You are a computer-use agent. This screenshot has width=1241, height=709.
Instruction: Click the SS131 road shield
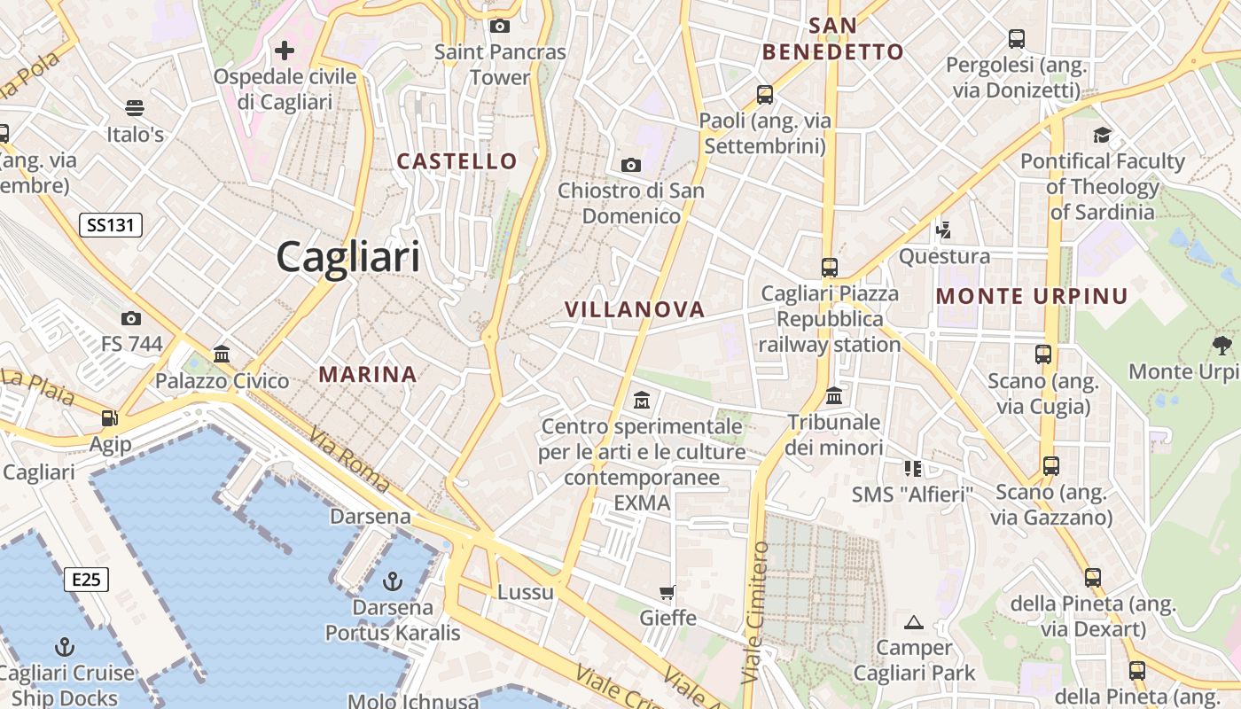coord(111,225)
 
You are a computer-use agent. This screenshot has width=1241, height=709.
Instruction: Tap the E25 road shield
coord(86,580)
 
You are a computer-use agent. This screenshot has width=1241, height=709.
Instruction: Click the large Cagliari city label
coord(348,257)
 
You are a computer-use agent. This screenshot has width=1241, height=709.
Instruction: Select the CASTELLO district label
coord(457,161)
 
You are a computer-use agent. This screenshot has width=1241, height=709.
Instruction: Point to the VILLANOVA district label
coord(635,309)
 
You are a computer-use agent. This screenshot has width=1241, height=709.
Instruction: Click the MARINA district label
coord(368,374)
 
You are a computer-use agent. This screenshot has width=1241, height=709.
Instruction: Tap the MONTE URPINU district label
coord(1032,296)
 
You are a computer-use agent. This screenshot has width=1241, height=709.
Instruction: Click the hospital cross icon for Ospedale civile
coord(285,50)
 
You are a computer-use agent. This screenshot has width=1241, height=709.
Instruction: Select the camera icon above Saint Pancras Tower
coord(500,26)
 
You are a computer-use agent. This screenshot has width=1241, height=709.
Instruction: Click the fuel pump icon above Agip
coord(110,417)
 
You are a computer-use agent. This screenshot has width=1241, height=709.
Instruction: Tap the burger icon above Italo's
coord(135,108)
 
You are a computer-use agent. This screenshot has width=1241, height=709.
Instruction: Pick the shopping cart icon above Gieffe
coord(667,591)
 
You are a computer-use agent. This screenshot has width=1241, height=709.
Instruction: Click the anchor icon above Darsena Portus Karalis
coord(392,581)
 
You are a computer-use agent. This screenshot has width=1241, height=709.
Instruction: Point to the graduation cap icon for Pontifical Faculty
coord(1102,135)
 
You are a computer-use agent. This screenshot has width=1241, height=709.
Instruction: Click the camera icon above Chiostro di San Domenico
coord(631,164)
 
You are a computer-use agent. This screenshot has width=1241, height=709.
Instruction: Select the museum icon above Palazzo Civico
coord(222,354)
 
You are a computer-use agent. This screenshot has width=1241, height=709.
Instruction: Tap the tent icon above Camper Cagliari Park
coord(914,622)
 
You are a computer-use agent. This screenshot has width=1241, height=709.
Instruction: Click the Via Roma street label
coord(349,461)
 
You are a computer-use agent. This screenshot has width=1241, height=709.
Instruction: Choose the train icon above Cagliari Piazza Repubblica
coord(830,267)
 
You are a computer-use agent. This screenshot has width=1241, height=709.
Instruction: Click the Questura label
coord(944,257)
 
